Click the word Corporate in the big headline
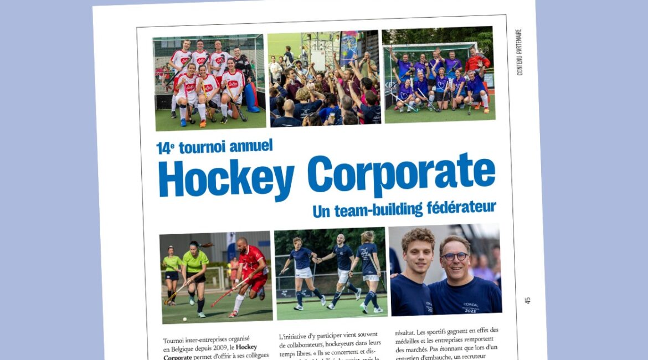tap(401, 173)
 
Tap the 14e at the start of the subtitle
tap(164, 148)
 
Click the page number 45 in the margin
tap(527, 300)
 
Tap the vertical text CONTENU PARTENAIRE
tap(519, 52)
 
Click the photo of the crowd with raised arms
tap(325, 78)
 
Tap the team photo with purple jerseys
tap(438, 75)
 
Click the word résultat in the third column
tap(408, 333)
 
